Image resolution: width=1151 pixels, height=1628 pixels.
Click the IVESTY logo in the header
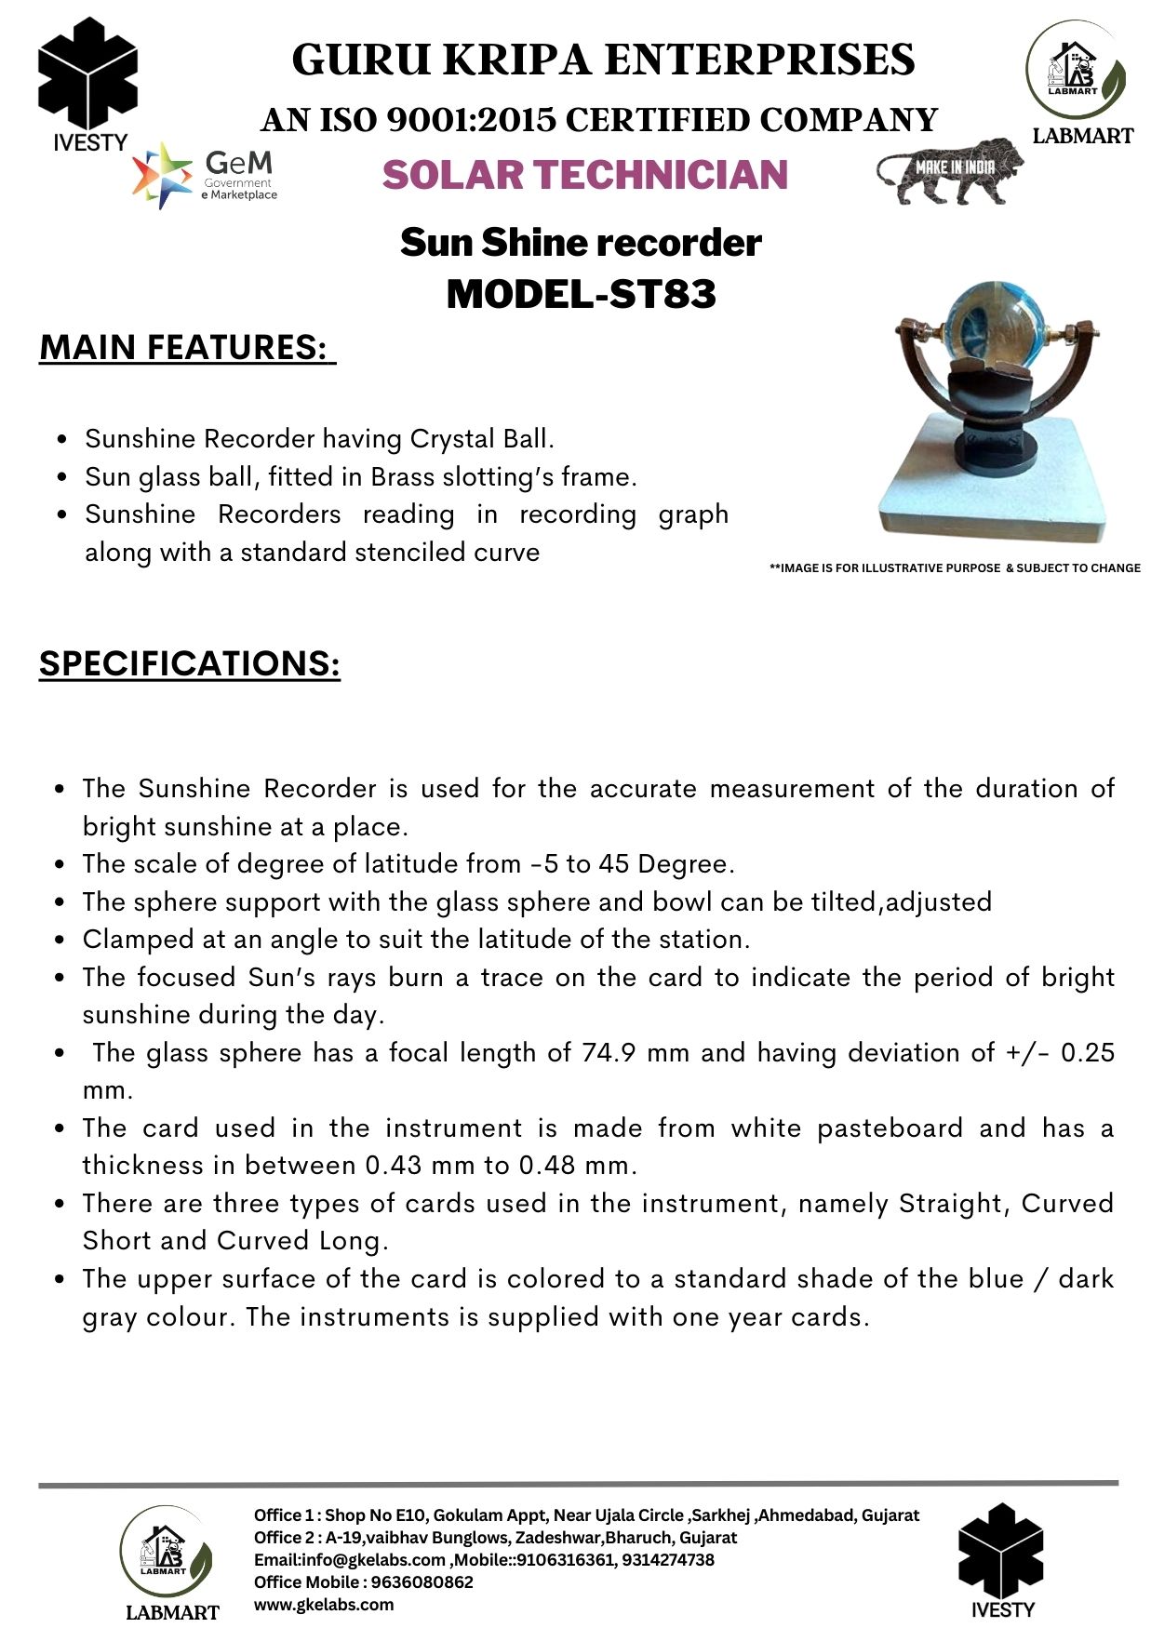(88, 84)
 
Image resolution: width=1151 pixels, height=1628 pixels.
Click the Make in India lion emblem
(949, 171)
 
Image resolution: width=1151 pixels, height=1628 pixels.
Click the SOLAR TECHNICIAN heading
(584, 175)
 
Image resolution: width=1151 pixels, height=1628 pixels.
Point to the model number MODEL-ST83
(582, 294)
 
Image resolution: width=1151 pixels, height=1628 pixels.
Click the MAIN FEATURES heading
(186, 348)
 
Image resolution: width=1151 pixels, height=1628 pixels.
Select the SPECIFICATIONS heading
(190, 664)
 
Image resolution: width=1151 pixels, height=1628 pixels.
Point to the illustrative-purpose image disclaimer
(955, 567)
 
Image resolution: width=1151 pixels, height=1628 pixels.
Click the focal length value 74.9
(609, 1053)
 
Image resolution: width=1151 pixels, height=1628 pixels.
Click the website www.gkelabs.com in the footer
(324, 1604)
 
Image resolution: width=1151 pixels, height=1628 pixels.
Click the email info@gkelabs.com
(350, 1559)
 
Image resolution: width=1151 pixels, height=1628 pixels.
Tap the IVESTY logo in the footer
(1002, 1561)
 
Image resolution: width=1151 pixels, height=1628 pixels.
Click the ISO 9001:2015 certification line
(599, 120)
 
